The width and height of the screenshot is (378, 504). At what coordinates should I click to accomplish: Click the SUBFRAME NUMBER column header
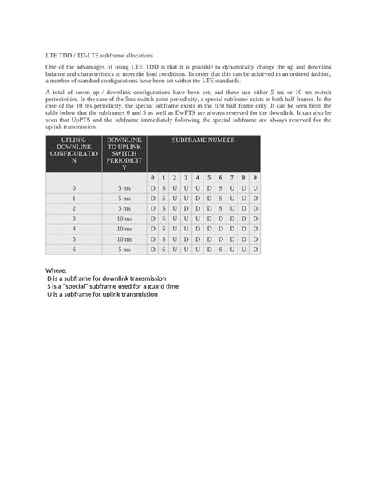(203, 140)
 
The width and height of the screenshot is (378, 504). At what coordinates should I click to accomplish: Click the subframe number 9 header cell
(254, 178)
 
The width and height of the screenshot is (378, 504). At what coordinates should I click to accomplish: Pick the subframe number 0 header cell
(152, 178)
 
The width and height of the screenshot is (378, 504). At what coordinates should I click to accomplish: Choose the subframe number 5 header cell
(209, 178)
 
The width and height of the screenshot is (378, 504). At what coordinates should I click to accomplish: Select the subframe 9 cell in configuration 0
(254, 188)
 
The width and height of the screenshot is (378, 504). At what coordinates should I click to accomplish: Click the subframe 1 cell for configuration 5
(163, 239)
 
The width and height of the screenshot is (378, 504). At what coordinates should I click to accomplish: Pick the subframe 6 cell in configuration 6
(220, 250)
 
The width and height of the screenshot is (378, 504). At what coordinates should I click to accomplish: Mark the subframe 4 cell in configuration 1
(198, 198)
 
